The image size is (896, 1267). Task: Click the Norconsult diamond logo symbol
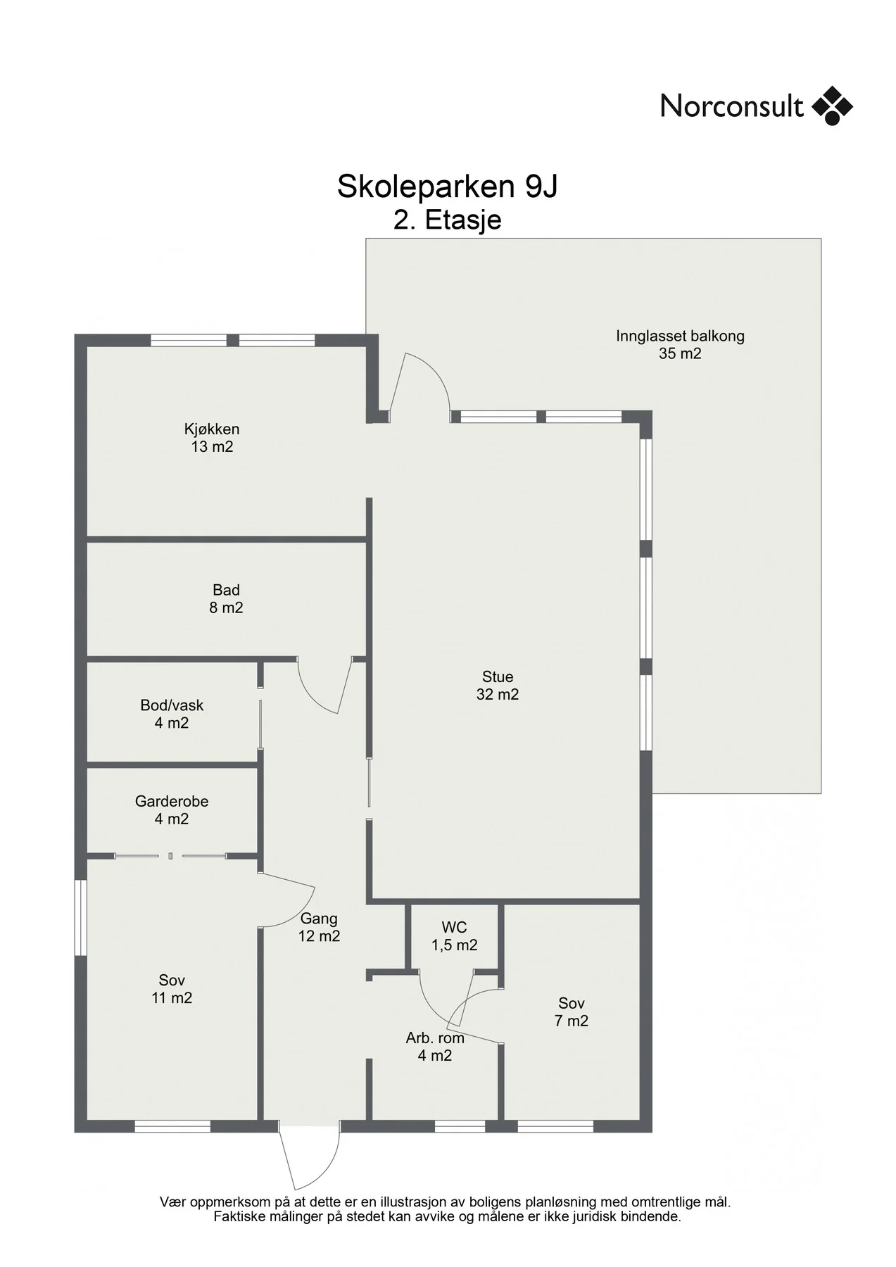(832, 106)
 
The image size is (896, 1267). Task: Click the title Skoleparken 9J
(448, 187)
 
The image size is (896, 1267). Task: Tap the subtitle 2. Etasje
(448, 220)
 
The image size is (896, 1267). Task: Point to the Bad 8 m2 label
(226, 599)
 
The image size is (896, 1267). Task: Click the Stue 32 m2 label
(498, 686)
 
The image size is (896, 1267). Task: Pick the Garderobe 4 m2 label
(172, 810)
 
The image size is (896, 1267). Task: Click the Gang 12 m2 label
(319, 928)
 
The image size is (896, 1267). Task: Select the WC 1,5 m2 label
(455, 937)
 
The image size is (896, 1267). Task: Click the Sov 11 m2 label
(172, 989)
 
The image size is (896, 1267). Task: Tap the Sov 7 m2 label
(572, 1012)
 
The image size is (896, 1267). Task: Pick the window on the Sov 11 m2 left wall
(80, 918)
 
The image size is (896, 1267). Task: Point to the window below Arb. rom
(460, 1127)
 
